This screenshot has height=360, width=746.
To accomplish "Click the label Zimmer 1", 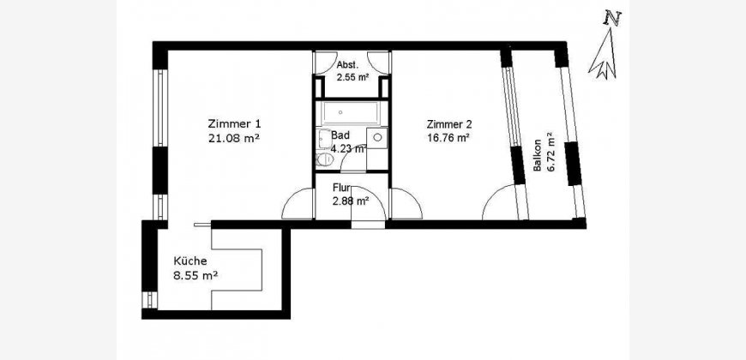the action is click(234, 124).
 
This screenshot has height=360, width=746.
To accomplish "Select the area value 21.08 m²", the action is click(234, 138).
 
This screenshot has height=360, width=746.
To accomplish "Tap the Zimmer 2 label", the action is click(449, 125).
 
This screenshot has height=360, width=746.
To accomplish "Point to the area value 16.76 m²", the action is click(449, 138).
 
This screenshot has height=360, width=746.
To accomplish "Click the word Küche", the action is click(190, 261).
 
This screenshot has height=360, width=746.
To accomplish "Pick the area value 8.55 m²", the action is click(196, 275).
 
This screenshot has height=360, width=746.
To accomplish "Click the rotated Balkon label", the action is click(537, 155).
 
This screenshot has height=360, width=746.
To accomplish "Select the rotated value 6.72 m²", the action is click(551, 153).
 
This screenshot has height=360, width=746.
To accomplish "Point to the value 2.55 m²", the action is click(353, 77).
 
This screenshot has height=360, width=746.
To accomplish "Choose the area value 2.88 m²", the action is click(351, 201).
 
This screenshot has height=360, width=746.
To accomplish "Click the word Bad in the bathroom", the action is click(340, 135).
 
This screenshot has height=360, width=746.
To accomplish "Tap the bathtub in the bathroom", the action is click(351, 112).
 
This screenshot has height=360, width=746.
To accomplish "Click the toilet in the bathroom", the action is click(324, 159).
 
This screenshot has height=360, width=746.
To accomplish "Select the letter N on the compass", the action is click(612, 18).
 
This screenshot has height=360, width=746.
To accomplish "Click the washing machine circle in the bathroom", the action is click(377, 137).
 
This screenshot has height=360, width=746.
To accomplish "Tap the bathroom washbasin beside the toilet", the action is click(323, 139).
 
